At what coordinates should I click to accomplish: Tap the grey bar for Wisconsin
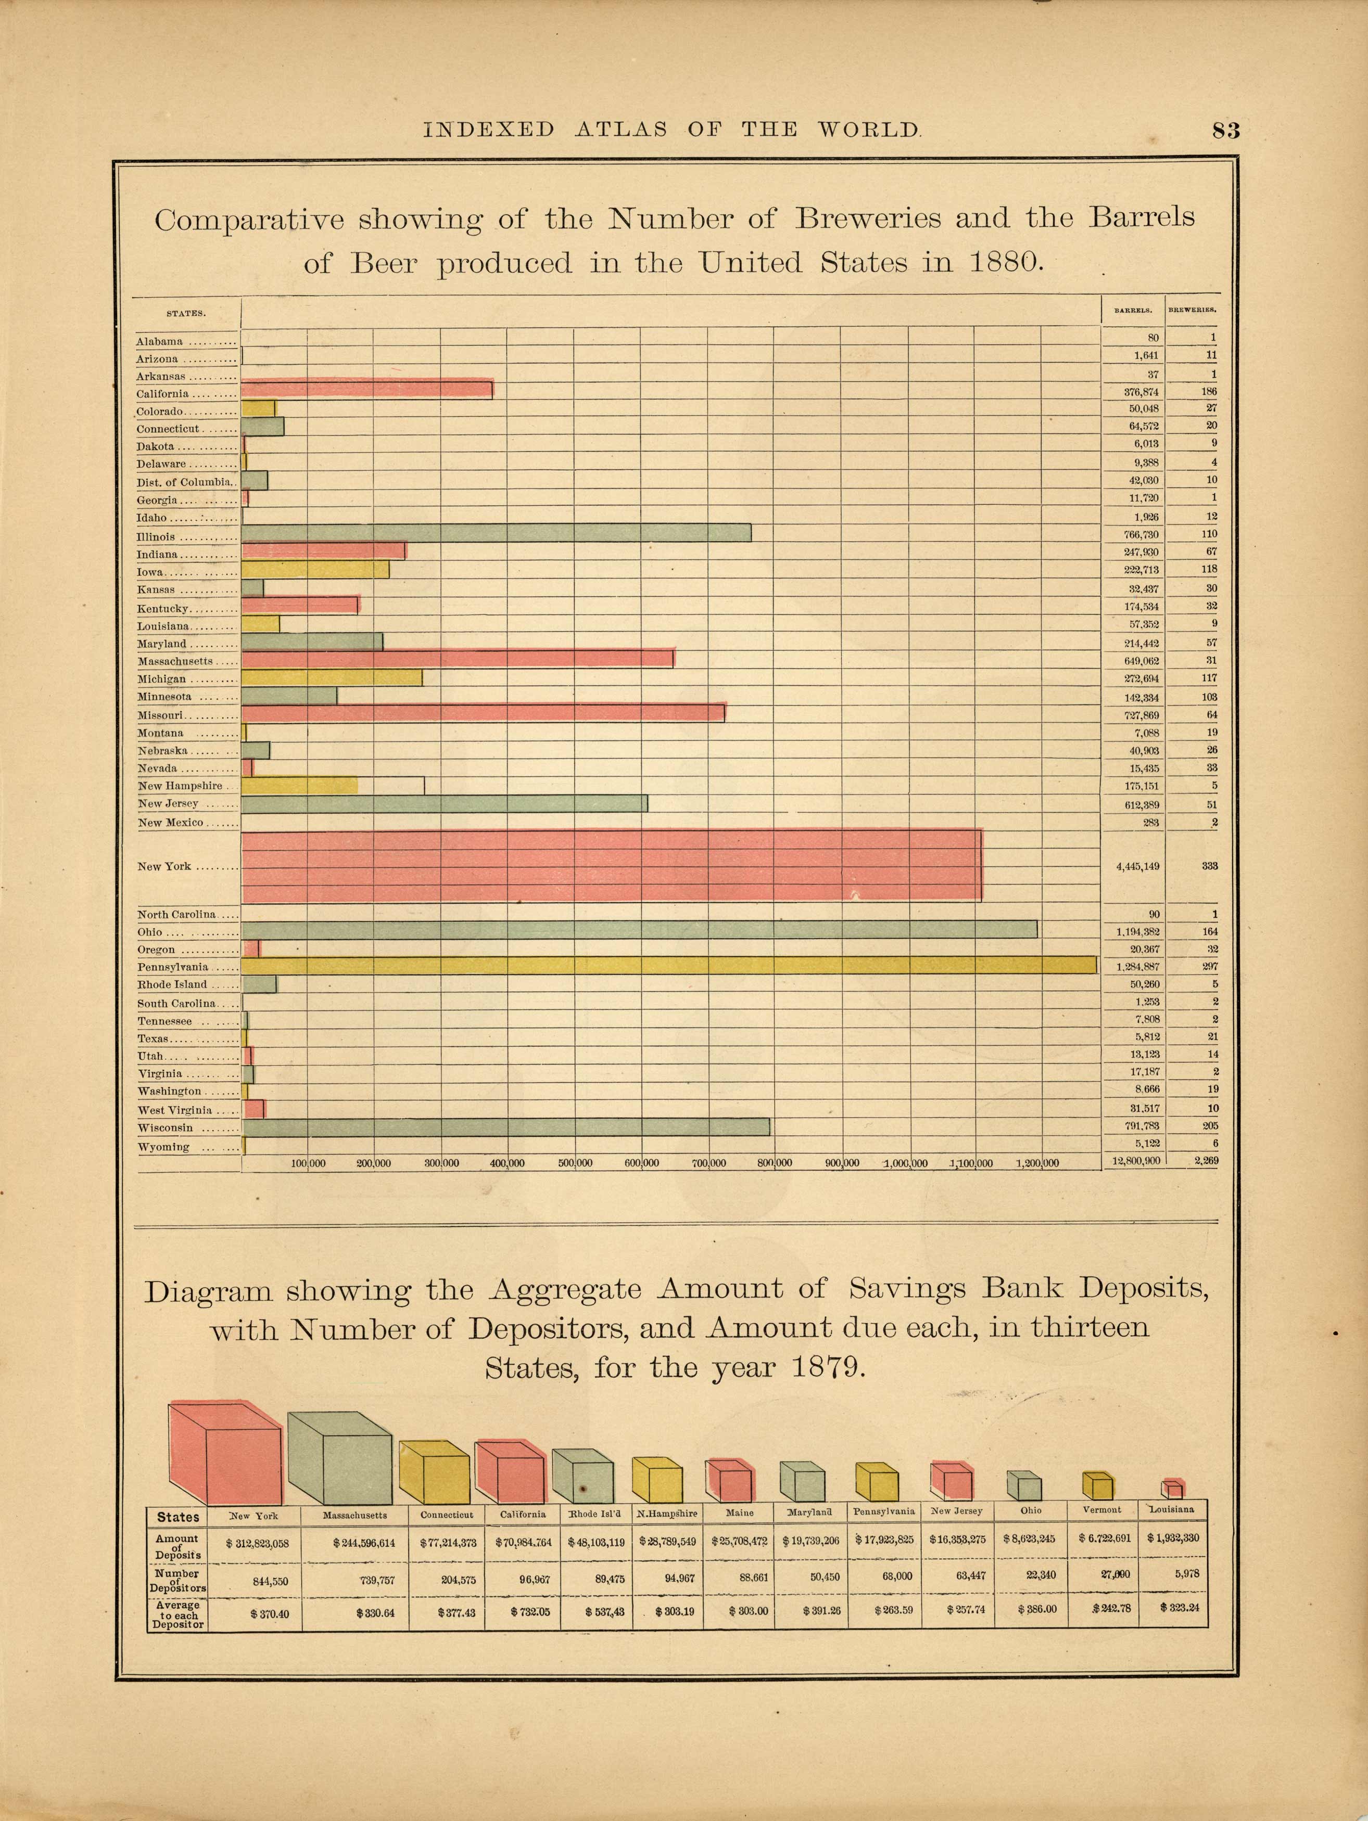(505, 1127)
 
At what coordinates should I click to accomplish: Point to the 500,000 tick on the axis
(575, 1163)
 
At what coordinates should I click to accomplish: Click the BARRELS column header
(1133, 311)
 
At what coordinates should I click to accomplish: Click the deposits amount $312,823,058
(256, 1544)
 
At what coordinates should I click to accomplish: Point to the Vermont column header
(1102, 1510)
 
